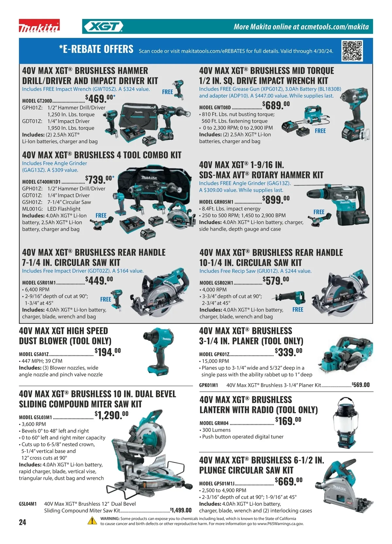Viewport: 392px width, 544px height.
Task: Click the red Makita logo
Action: coord(39,26)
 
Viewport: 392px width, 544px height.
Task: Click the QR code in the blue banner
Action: coord(352,51)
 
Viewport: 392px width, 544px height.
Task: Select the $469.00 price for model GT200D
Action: coord(100,98)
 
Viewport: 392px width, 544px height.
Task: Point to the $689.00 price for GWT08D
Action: coord(276,105)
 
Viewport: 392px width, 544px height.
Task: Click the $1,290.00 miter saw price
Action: coord(111,415)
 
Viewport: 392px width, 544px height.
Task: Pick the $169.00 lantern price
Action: coord(288,421)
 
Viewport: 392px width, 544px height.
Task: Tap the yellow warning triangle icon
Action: coord(92,520)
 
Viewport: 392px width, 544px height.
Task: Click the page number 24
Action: coord(23,522)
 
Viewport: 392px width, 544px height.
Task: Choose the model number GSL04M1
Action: coord(28,504)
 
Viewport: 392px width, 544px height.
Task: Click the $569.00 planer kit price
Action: coord(361,385)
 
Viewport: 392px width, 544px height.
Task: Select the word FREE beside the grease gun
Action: coord(320,131)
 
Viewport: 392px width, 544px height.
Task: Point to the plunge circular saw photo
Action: coord(344,486)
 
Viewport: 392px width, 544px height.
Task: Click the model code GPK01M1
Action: coord(208,385)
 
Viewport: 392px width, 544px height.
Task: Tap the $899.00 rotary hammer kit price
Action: coord(276,200)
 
